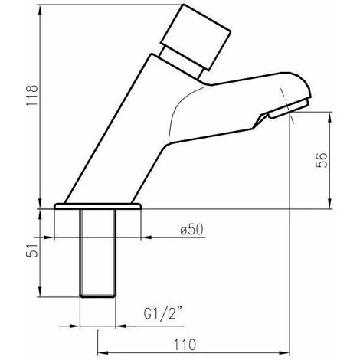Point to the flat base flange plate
tap(98, 208)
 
